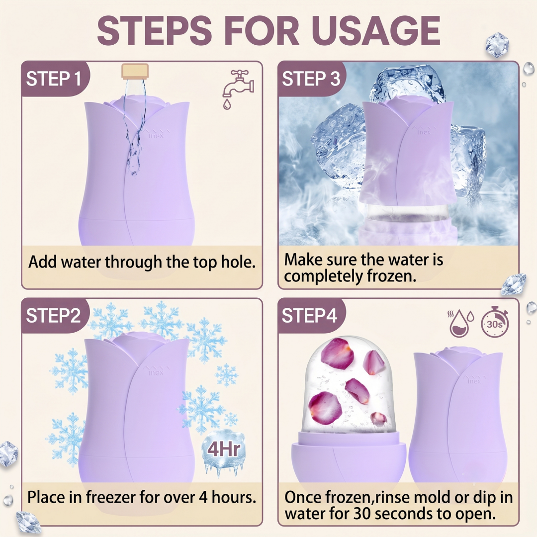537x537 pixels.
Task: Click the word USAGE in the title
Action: pos(376,30)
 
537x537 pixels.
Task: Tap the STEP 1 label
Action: pos(54,79)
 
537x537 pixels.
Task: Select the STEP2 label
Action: pos(53,315)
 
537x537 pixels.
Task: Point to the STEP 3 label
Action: pos(311,79)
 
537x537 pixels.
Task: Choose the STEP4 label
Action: pos(310,315)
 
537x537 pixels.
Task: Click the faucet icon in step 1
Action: pos(238,89)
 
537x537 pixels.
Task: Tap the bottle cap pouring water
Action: pos(135,72)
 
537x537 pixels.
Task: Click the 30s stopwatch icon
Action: pos(495,322)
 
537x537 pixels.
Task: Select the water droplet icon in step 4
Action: pos(461,324)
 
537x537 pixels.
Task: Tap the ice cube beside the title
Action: pos(497,45)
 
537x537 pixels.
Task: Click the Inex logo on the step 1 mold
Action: pos(157,134)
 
